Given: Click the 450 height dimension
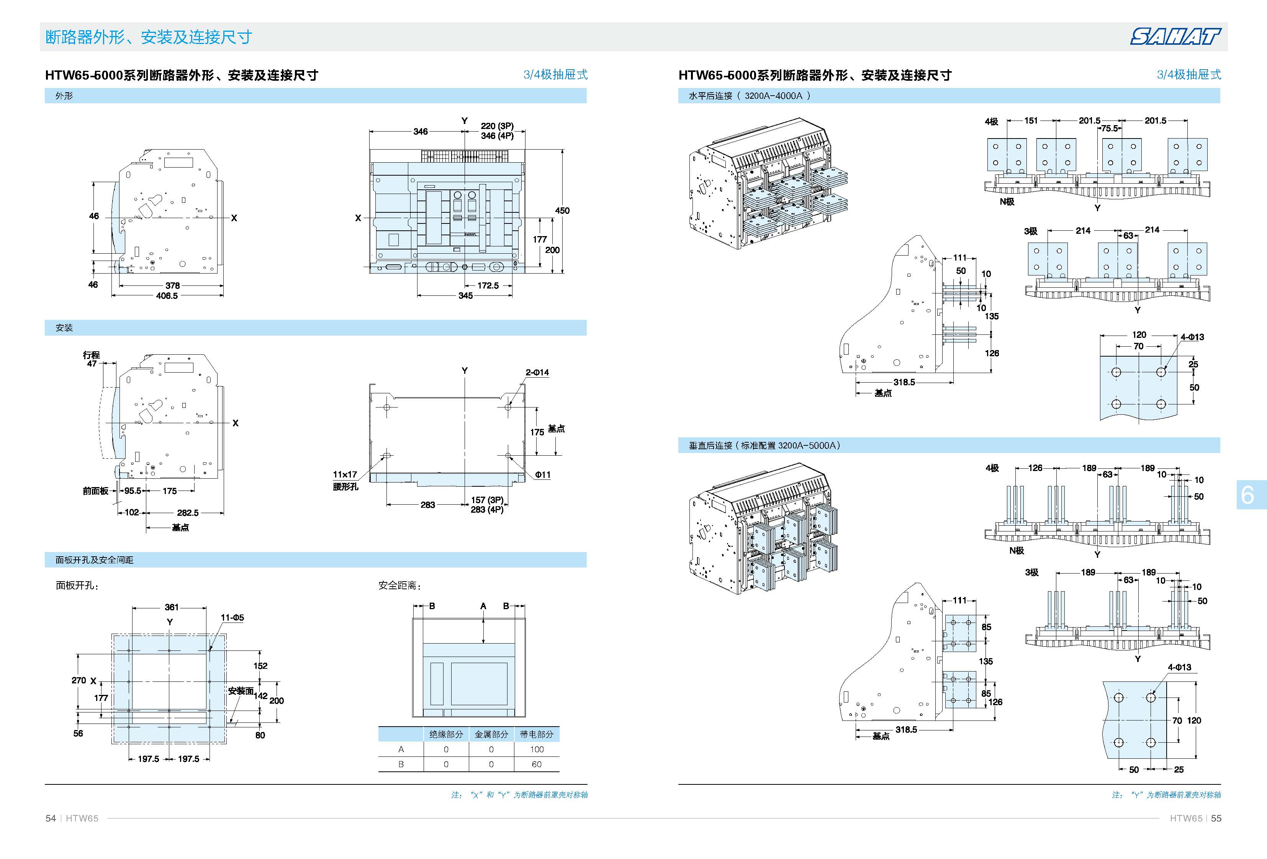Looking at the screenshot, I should pyautogui.click(x=562, y=210).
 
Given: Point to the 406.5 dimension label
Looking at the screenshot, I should pyautogui.click(x=167, y=296).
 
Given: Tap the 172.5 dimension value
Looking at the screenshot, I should pyautogui.click(x=488, y=285).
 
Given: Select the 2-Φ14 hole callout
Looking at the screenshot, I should pyautogui.click(x=537, y=373).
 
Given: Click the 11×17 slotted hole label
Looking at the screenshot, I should pyautogui.click(x=345, y=474).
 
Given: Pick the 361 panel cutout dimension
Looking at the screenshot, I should pyautogui.click(x=172, y=607).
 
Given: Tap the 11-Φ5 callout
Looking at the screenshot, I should pyautogui.click(x=232, y=618).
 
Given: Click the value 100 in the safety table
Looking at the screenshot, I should pyautogui.click(x=537, y=750).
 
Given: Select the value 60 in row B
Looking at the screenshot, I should pyautogui.click(x=537, y=764).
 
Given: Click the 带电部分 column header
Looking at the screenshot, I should pyautogui.click(x=537, y=734).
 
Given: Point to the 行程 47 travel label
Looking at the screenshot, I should pyautogui.click(x=92, y=359).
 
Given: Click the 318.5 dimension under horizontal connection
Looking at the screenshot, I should pyautogui.click(x=904, y=382).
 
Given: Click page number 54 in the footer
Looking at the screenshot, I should pyautogui.click(x=51, y=818).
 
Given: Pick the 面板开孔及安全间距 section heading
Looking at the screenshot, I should pyautogui.click(x=94, y=560).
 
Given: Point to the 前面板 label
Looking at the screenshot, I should pyautogui.click(x=95, y=491).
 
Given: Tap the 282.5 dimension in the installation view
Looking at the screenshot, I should pyautogui.click(x=188, y=513).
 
